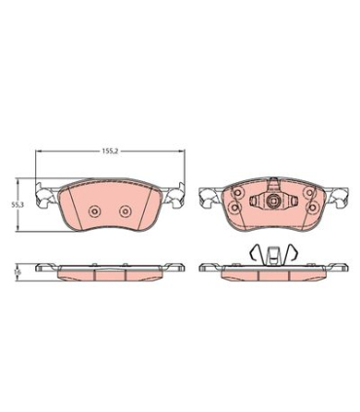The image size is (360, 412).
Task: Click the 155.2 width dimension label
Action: pos(109,151)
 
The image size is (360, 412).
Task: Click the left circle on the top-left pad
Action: pos(94,211)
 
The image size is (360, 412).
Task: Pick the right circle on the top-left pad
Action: pos(125,211)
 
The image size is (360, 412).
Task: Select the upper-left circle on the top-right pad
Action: pos(237,192)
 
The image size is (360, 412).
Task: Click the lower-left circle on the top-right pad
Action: pos(234,206)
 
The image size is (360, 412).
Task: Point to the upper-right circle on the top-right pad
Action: pos(309,192)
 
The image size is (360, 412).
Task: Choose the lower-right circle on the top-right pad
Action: pos(312,206)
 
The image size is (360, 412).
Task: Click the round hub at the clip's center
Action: pos(272,201)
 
